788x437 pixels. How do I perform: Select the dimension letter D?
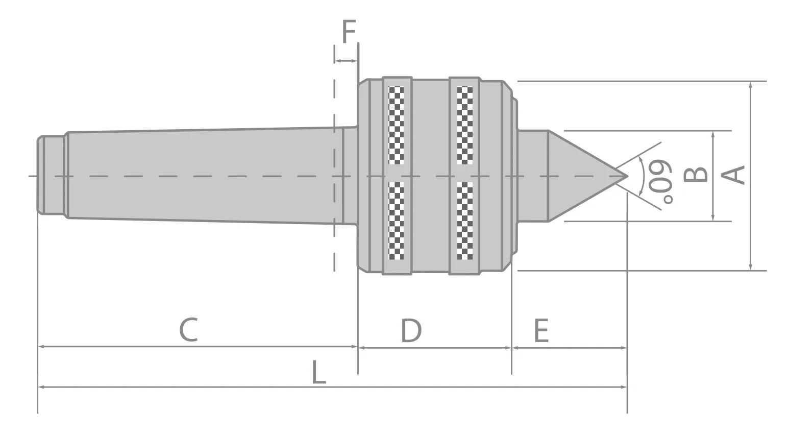pyautogui.click(x=411, y=330)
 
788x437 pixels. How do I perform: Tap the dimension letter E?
pyautogui.click(x=541, y=331)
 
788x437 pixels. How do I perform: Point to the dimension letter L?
pyautogui.click(x=318, y=373)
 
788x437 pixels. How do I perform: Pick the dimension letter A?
pyautogui.click(x=733, y=175)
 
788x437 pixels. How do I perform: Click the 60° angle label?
pyautogui.click(x=660, y=182)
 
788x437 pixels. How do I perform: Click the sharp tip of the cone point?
pyautogui.click(x=627, y=176)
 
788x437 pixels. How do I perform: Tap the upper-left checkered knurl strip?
pyautogui.click(x=397, y=125)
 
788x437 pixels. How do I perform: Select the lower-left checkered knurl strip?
pyautogui.click(x=397, y=221)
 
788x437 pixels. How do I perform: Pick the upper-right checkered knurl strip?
pyautogui.click(x=465, y=125)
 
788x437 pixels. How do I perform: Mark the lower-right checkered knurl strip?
pyautogui.click(x=465, y=221)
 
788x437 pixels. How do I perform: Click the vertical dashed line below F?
pyautogui.click(x=334, y=204)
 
